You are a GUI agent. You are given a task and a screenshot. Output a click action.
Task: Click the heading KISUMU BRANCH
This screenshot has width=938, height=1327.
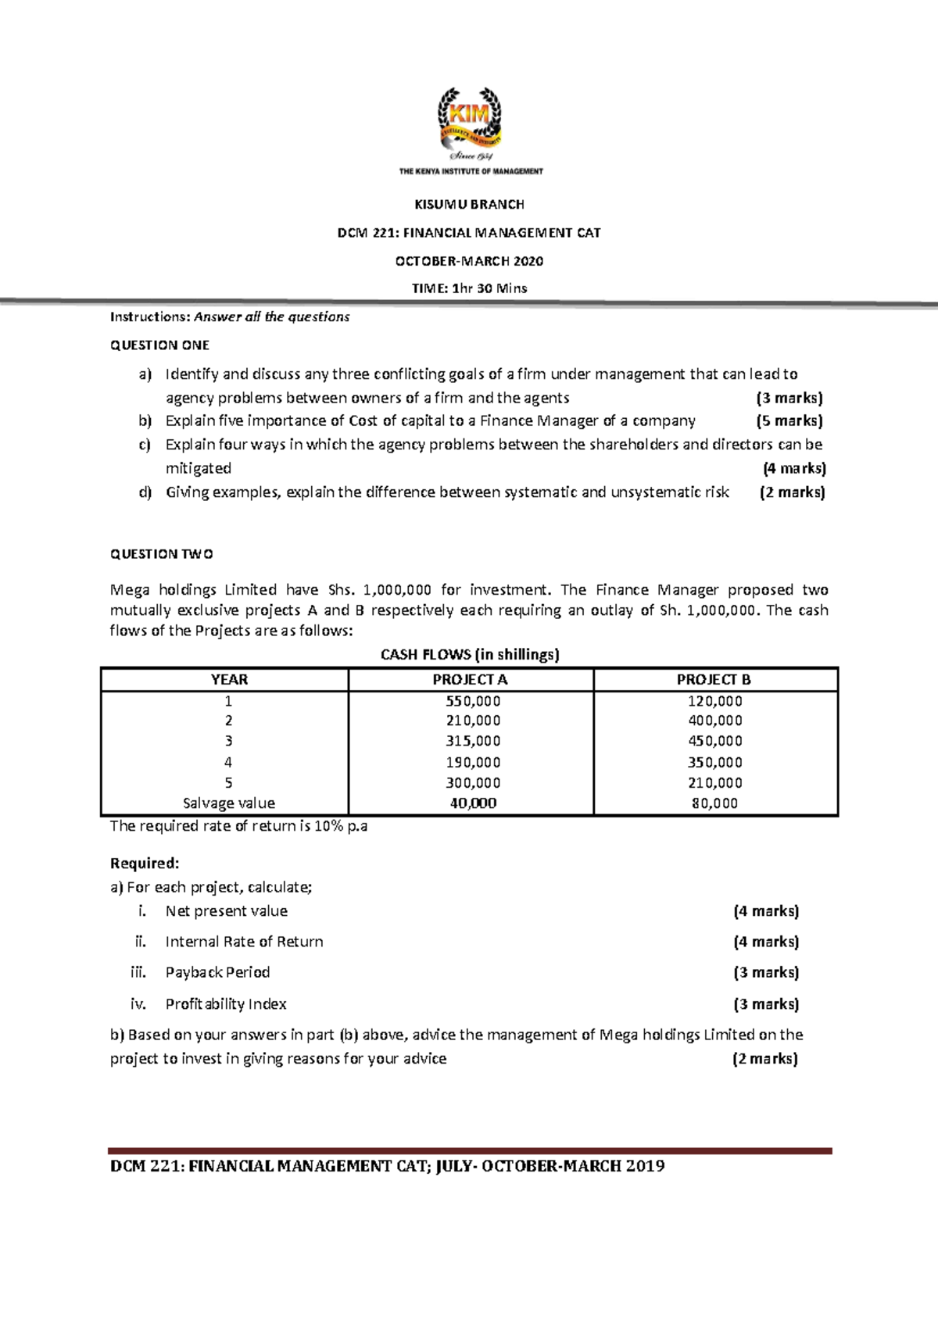tap(469, 205)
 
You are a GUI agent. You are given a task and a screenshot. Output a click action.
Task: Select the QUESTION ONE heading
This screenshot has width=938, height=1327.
tap(159, 345)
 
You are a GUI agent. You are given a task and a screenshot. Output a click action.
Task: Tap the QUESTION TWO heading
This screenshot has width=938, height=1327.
tap(161, 554)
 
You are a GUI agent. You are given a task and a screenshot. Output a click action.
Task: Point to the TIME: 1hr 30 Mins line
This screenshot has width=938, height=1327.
tap(469, 288)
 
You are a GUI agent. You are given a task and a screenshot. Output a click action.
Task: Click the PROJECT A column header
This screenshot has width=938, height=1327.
tap(470, 680)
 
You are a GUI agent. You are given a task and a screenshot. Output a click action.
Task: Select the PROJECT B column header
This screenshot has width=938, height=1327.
tap(714, 680)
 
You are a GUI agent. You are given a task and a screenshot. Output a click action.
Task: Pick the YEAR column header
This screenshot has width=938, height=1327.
tap(229, 680)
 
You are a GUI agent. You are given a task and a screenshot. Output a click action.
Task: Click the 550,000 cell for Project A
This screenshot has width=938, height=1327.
tap(473, 701)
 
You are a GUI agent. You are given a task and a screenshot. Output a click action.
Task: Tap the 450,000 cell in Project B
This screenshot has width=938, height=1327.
tap(714, 741)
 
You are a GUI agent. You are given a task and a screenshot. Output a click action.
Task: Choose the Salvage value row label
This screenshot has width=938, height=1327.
tap(228, 803)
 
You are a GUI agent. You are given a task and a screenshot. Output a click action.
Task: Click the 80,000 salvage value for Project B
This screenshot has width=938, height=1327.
tap(714, 803)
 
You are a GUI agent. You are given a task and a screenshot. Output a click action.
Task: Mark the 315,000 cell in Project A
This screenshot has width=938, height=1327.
tap(473, 741)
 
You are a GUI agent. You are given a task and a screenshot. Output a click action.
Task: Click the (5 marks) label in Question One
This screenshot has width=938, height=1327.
tap(789, 421)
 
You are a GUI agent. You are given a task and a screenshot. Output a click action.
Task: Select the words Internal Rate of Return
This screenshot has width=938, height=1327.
tap(244, 942)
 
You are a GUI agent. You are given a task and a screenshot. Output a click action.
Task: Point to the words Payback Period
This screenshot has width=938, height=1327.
tap(217, 972)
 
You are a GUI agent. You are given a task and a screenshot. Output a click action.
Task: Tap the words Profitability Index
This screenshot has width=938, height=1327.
tap(226, 1004)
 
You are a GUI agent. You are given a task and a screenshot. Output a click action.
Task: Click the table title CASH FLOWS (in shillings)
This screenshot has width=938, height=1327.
tap(470, 655)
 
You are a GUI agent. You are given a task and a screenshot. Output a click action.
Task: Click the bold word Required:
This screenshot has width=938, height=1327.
tap(145, 864)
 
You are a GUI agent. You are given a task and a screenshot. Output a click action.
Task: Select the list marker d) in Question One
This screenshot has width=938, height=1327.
tap(145, 492)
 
